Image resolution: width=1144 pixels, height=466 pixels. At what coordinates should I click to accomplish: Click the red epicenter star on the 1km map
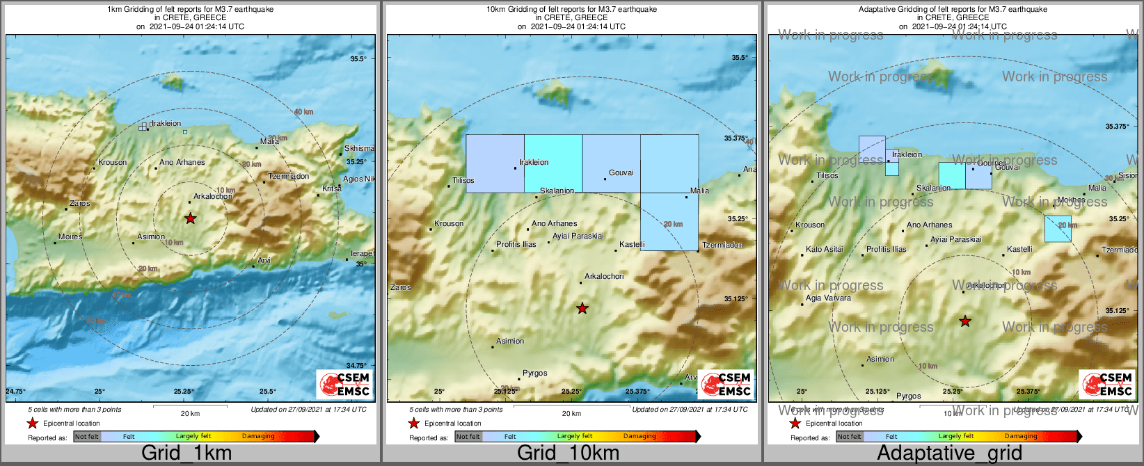point(190,218)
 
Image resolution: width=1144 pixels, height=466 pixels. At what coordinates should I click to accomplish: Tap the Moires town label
point(70,237)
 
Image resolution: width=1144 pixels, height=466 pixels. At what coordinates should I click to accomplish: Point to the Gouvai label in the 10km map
point(621,173)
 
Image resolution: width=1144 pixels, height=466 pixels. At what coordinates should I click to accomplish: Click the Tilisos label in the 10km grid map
point(463,181)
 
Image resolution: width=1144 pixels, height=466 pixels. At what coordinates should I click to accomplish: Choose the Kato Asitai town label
point(824,250)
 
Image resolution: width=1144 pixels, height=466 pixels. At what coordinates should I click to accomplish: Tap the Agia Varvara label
point(828,298)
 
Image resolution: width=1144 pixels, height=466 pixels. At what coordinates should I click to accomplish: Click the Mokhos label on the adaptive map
point(1071,200)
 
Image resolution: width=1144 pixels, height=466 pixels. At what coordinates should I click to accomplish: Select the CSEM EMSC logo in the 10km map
point(726,384)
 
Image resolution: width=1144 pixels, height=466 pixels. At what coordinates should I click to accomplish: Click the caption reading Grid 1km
point(186,453)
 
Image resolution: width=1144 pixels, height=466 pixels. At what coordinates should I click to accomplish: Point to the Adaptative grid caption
point(949,453)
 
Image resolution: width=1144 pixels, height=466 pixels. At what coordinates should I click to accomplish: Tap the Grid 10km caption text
point(568,453)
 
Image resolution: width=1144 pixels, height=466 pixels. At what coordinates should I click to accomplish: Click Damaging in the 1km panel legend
point(258,437)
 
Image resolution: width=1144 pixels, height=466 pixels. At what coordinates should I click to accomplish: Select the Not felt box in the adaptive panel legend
point(849,437)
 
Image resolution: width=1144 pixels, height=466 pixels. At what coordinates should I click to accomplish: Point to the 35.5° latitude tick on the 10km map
point(740,58)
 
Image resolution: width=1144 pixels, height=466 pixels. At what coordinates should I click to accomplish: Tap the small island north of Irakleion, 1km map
point(172,82)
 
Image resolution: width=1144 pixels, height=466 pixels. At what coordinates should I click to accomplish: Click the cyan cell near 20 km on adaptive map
point(1057,229)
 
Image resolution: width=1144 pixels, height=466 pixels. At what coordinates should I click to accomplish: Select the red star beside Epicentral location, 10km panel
point(413,424)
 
